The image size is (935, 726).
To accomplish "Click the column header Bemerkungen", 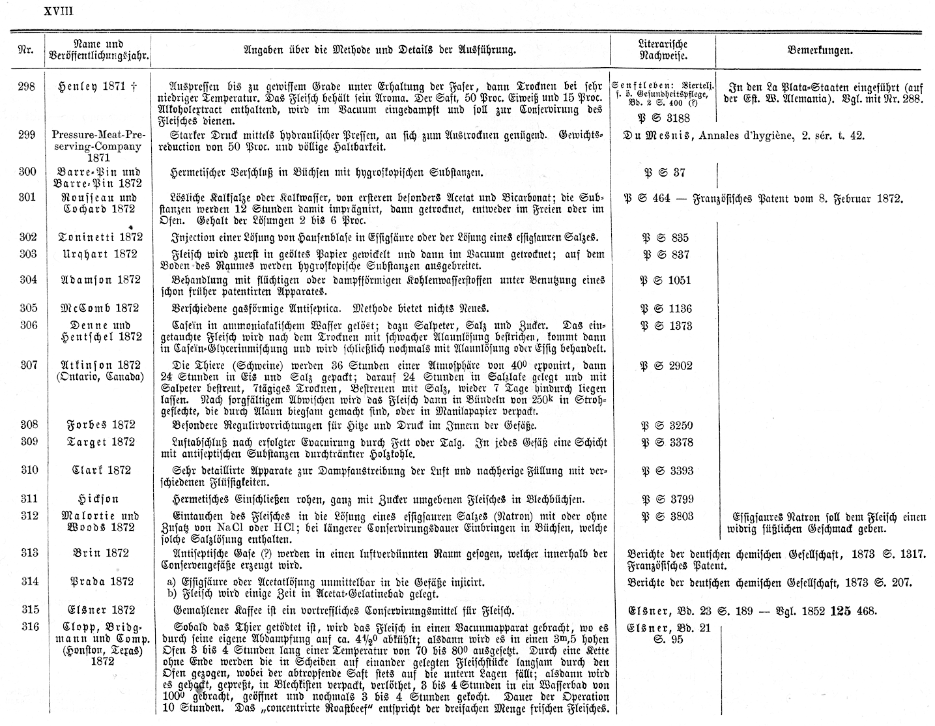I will [x=820, y=50].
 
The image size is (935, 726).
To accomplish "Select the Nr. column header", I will [x=25, y=50].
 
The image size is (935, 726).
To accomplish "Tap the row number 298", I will [x=27, y=85].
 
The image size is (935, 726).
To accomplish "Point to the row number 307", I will [x=27, y=365].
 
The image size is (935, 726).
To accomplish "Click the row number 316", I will [x=27, y=627].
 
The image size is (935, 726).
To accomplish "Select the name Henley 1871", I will [x=97, y=85].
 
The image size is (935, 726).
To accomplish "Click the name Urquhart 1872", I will [x=97, y=254].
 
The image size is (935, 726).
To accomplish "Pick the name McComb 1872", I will [x=97, y=308].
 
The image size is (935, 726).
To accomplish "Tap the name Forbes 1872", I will [x=97, y=425].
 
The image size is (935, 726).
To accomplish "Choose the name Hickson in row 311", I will [x=97, y=499].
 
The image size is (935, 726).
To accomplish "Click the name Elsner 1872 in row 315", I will [x=97, y=610].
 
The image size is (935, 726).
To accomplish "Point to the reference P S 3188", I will [x=662, y=118].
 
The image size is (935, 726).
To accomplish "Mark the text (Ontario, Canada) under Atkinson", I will [x=97, y=377].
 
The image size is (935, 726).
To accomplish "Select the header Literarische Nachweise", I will [x=663, y=50].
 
